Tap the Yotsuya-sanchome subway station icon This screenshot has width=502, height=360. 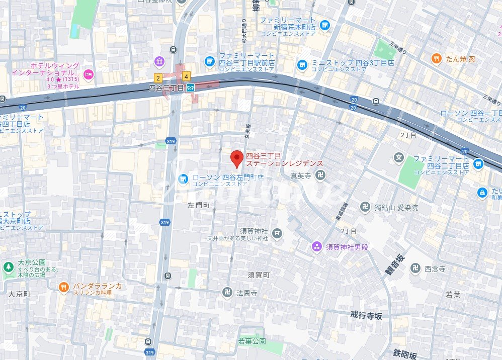(x=191, y=88)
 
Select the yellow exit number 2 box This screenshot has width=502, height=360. (x=158, y=78)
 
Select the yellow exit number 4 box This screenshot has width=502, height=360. (x=187, y=77)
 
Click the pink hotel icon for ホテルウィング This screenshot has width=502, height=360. (x=89, y=74)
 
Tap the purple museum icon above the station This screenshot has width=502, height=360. (x=160, y=62)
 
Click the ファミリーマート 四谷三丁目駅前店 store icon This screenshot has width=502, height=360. (x=209, y=61)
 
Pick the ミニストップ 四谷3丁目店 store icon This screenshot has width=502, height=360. (x=302, y=64)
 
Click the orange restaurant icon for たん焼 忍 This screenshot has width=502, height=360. (x=436, y=59)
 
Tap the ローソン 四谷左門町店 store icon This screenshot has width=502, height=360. (x=183, y=178)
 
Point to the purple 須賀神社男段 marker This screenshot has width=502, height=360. (x=316, y=246)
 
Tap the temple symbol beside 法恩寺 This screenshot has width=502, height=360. (x=227, y=292)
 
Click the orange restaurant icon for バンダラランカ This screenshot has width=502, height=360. (x=63, y=287)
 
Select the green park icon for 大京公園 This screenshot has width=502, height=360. (x=8, y=267)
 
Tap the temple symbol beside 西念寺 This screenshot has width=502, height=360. (x=415, y=268)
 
